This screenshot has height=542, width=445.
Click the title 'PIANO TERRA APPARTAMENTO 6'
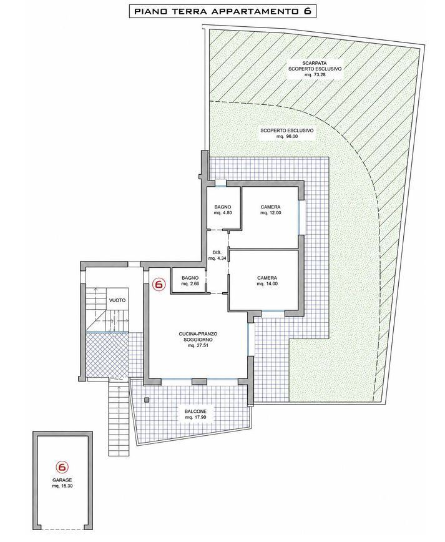pyautogui.click(x=222, y=11)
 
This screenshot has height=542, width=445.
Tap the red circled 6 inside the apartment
pyautogui.click(x=159, y=284)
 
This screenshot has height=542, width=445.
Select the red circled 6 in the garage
pyautogui.click(x=62, y=467)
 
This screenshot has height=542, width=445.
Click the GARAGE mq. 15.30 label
pyautogui.click(x=62, y=483)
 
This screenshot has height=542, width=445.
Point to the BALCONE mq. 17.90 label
pyautogui.click(x=195, y=414)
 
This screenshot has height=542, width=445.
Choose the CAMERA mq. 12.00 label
pyautogui.click(x=270, y=210)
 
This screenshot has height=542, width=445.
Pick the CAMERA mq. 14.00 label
pyautogui.click(x=267, y=281)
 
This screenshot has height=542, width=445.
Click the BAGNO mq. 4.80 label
pyautogui.click(x=222, y=210)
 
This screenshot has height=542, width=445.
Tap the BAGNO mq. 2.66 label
pyautogui.click(x=190, y=281)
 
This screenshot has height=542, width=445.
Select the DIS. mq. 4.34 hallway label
pyautogui.click(x=217, y=255)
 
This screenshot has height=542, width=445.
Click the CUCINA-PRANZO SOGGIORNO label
pyautogui.click(x=198, y=340)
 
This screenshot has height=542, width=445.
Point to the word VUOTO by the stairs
pyautogui.click(x=117, y=300)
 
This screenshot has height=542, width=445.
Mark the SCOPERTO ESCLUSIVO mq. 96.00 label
pyautogui.click(x=286, y=134)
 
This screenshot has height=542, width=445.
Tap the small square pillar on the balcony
pyautogui.click(x=147, y=400)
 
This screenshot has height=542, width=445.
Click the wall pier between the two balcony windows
pyautogui.click(x=199, y=382)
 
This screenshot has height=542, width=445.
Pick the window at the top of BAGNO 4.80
pyautogui.click(x=220, y=183)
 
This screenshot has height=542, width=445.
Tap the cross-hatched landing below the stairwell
pyautogui.click(x=107, y=355)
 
